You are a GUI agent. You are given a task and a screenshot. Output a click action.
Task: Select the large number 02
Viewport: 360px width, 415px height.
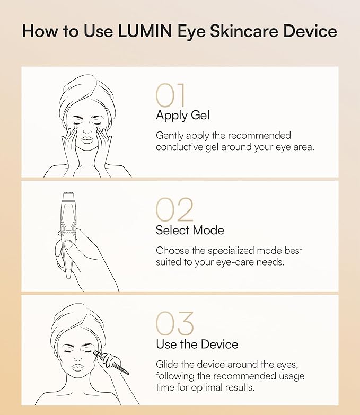(x=174, y=210)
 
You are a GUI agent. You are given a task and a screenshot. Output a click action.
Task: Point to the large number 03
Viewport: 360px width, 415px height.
(x=175, y=324)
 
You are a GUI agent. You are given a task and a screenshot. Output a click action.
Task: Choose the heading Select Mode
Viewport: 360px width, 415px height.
(x=190, y=230)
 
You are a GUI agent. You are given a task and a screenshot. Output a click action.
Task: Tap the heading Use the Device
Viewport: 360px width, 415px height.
(x=197, y=345)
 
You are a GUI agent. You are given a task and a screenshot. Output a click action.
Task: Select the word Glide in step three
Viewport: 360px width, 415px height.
(x=168, y=364)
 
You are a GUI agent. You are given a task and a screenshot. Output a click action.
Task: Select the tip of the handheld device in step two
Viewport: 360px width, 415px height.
(x=67, y=196)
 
